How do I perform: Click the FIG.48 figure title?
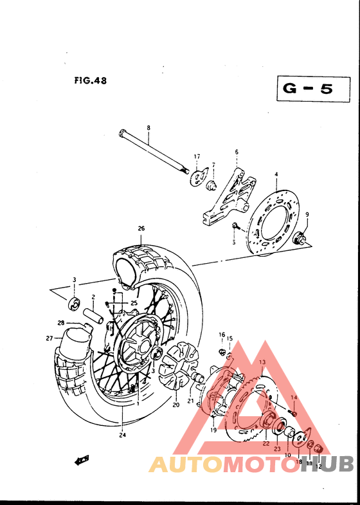[90, 81]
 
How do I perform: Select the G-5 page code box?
[309, 89]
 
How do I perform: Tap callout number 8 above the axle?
[148, 128]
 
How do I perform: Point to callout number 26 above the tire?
[141, 228]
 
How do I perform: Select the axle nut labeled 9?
[300, 239]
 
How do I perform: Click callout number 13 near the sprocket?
[262, 363]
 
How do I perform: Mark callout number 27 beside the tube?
[49, 338]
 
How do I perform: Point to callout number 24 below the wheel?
[122, 434]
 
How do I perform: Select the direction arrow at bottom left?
[82, 460]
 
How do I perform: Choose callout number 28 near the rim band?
[61, 323]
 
